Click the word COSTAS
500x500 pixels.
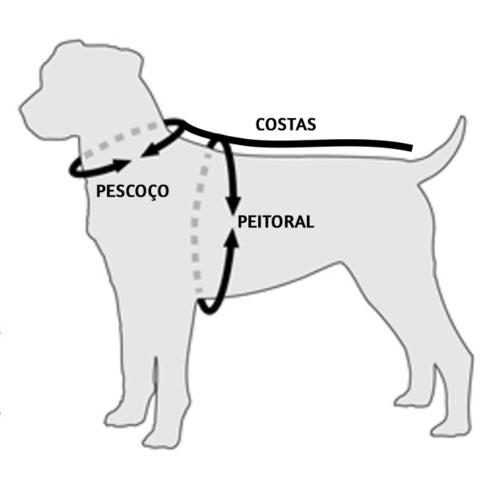tap(285, 124)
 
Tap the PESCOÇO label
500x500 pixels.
tap(132, 191)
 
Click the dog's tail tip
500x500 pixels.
tap(461, 119)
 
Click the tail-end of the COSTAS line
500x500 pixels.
tap(409, 148)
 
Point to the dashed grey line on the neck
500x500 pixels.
tap(123, 140)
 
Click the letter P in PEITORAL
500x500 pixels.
tap(242, 222)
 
